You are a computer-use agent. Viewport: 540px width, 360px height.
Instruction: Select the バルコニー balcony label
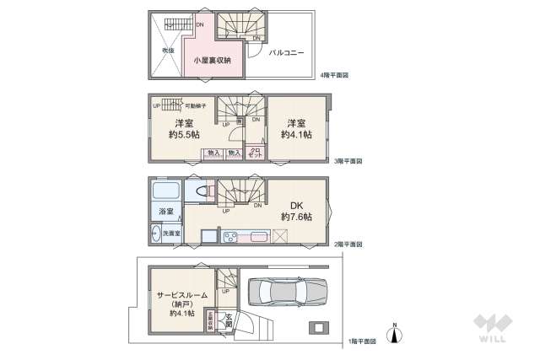(x=286, y=52)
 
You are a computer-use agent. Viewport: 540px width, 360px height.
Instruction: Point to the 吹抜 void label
(x=168, y=51)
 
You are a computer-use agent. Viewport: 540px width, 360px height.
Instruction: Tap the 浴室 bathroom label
(x=165, y=212)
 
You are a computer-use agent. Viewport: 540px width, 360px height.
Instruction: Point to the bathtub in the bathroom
(x=165, y=191)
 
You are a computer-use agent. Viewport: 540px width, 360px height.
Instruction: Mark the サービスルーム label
(x=181, y=295)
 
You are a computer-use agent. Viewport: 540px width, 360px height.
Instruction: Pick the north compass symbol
(x=394, y=334)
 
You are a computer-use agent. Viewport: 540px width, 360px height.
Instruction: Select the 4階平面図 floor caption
(x=335, y=76)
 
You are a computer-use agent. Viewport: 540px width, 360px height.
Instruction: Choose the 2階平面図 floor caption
(x=347, y=244)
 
